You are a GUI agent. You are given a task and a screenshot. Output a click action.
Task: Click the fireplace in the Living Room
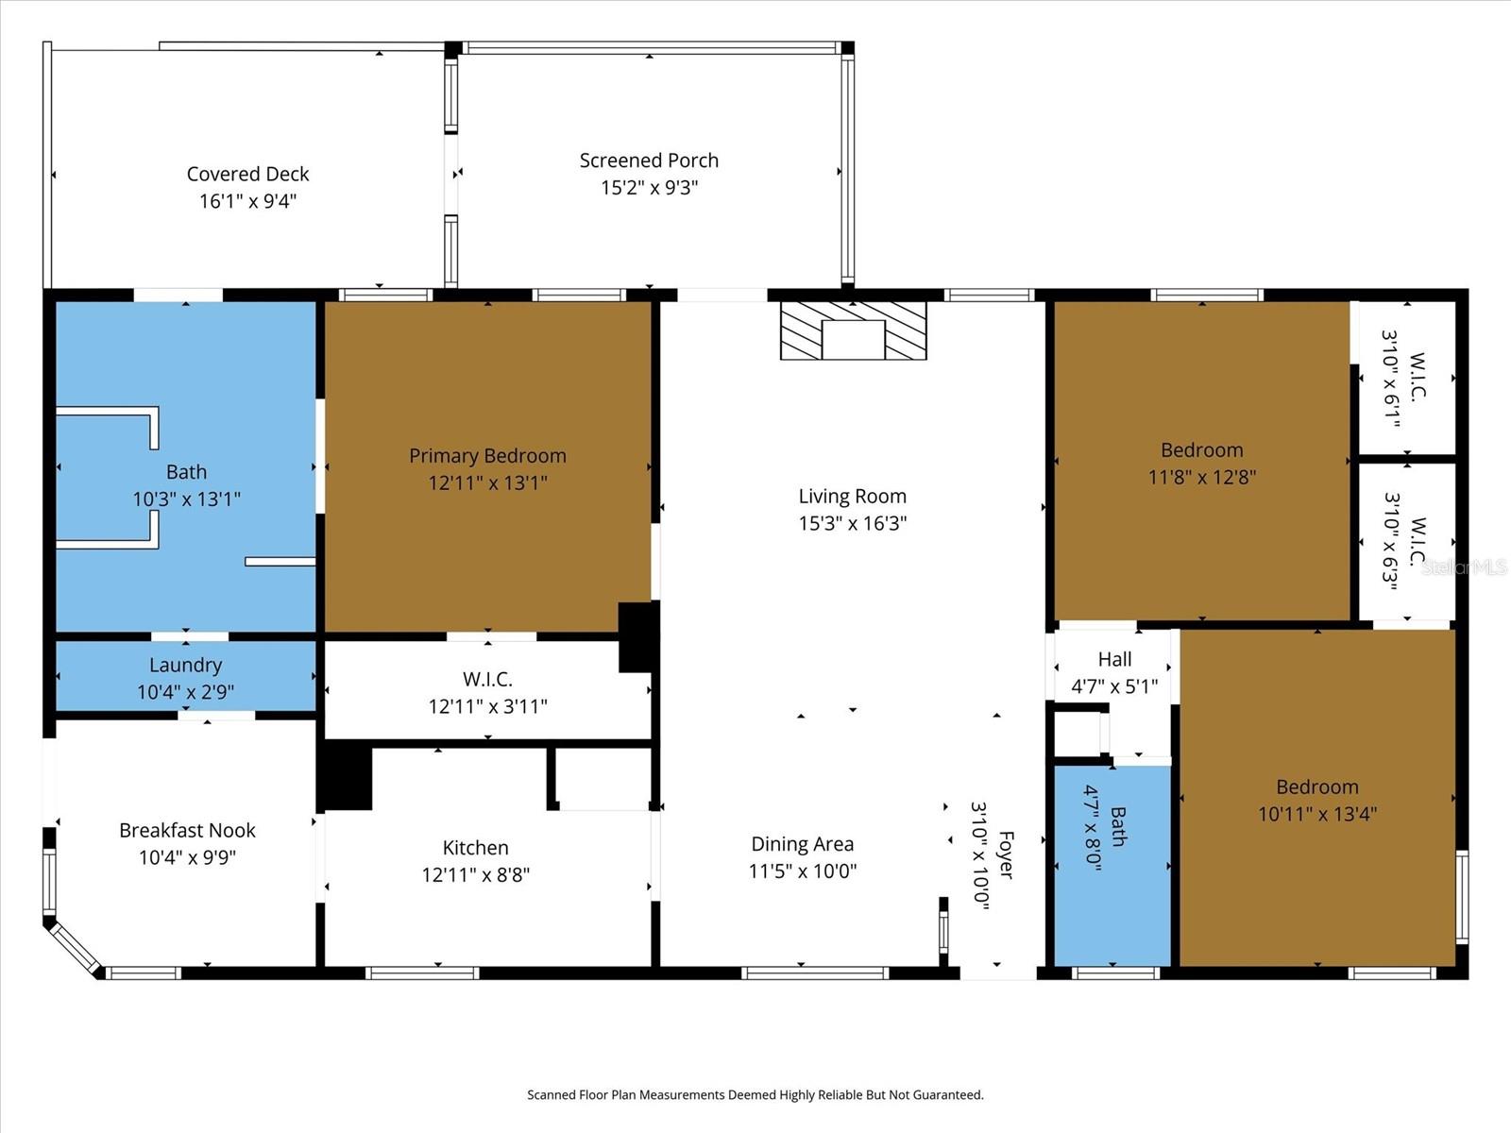click(853, 331)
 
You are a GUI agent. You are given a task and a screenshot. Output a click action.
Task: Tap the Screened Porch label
click(649, 161)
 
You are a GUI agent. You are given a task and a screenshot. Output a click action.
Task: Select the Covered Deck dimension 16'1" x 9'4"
click(247, 201)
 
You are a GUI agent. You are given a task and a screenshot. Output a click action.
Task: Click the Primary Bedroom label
click(487, 456)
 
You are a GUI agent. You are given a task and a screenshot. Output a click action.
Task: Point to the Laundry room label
click(185, 666)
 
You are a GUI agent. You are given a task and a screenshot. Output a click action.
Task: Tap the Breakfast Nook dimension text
click(187, 857)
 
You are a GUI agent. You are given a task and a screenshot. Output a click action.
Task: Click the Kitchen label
click(475, 848)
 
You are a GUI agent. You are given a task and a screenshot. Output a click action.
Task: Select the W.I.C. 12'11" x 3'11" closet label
click(487, 680)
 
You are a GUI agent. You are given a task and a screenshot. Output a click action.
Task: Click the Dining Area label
click(802, 844)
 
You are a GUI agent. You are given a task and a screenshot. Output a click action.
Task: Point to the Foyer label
click(1005, 855)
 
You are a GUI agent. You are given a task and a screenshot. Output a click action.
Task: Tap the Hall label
click(1114, 660)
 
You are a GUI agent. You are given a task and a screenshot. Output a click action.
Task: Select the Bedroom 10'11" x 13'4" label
click(1316, 787)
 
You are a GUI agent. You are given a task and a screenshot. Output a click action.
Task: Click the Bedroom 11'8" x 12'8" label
click(1201, 450)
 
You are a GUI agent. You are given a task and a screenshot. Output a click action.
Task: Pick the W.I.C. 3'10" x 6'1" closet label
click(1417, 378)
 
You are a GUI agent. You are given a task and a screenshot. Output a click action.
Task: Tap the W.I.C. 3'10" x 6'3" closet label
click(1417, 542)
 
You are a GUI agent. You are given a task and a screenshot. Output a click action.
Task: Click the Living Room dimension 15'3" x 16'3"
click(852, 523)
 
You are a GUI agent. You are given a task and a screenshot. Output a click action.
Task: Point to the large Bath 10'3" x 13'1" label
click(186, 472)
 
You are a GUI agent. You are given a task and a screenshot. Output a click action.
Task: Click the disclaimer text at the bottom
click(755, 1095)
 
